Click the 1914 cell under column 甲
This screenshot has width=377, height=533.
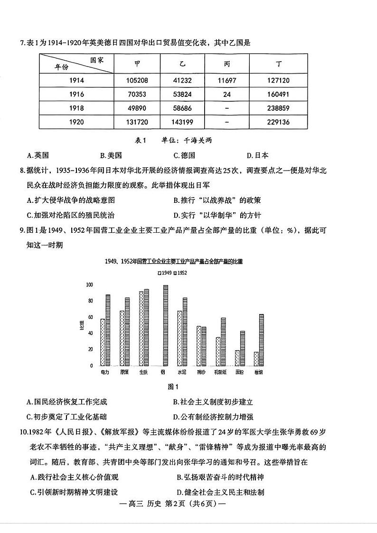137,81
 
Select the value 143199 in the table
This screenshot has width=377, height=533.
182,122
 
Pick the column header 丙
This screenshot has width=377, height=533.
227,64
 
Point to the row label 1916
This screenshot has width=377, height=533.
76,95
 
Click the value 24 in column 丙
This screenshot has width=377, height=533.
227,95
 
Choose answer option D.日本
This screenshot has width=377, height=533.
258,155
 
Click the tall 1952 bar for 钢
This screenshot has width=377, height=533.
165,325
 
